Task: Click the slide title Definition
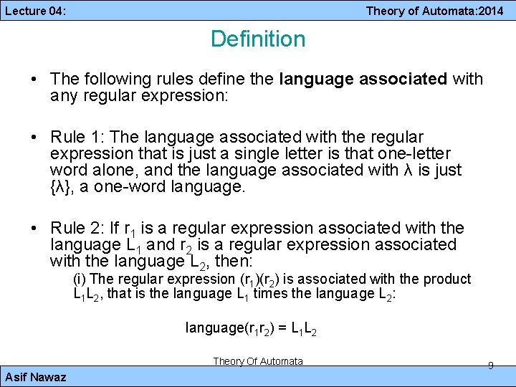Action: (x=258, y=39)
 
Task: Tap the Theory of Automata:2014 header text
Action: (x=434, y=11)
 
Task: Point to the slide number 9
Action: (x=490, y=365)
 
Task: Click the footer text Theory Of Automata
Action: (x=258, y=361)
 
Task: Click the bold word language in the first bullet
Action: (x=310, y=79)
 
